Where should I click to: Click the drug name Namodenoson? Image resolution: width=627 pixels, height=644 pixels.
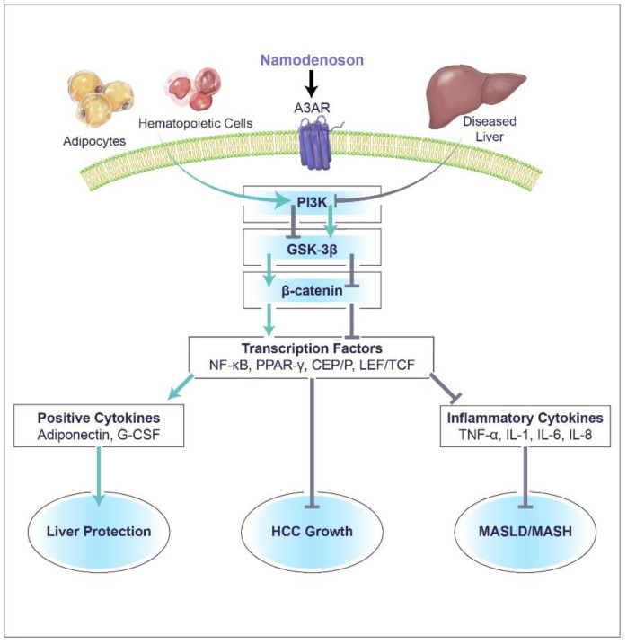pyautogui.click(x=312, y=60)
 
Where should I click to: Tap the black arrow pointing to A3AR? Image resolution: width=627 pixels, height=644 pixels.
pyautogui.click(x=312, y=84)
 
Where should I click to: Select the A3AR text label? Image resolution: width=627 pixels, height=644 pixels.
pyautogui.click(x=312, y=108)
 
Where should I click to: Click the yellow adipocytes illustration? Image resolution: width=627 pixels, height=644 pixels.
pyautogui.click(x=100, y=97)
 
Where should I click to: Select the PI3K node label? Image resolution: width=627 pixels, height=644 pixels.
pyautogui.click(x=312, y=202)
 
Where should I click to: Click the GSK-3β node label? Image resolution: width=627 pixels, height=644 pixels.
pyautogui.click(x=312, y=250)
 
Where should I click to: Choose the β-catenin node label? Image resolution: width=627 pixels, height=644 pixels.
pyautogui.click(x=312, y=291)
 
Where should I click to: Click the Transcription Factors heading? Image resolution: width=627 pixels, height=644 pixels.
pyautogui.click(x=312, y=348)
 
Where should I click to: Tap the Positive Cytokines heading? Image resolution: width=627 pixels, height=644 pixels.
pyautogui.click(x=99, y=418)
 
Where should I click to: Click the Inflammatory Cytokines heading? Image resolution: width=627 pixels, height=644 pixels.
pyautogui.click(x=525, y=418)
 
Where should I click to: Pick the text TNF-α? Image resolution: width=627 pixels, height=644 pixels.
pyautogui.click(x=478, y=435)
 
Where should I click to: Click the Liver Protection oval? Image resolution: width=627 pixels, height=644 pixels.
pyautogui.click(x=99, y=531)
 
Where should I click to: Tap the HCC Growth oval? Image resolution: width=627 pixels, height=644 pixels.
pyautogui.click(x=312, y=531)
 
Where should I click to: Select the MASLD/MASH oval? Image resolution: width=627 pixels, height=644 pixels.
pyautogui.click(x=525, y=531)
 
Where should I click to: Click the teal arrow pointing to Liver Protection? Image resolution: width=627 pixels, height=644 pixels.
pyautogui.click(x=99, y=476)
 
